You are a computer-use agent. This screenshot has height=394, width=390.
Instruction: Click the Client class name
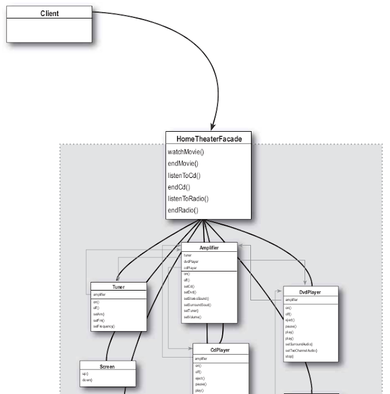pos(49,13)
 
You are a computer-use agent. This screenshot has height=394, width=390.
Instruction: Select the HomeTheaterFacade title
pos(209,139)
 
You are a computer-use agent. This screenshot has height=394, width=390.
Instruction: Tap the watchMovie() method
pos(185,152)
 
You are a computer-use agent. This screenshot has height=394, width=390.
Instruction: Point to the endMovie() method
pos(183,164)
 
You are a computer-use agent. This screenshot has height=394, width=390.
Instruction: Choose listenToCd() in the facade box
pos(184,175)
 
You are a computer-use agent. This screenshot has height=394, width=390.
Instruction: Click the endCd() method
pos(179,187)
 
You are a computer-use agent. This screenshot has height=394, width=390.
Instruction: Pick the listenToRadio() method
pos(188,198)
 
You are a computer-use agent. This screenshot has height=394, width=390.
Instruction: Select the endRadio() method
pos(183,211)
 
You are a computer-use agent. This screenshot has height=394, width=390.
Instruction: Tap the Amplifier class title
pos(209,246)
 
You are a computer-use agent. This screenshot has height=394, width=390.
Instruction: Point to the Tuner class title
pos(118,287)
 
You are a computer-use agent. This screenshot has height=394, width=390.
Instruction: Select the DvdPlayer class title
pos(311,291)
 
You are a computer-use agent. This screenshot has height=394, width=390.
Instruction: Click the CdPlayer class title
pos(220,349)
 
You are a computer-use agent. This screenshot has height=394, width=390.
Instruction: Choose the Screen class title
pos(108,366)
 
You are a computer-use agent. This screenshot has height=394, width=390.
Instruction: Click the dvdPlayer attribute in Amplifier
pos(190,262)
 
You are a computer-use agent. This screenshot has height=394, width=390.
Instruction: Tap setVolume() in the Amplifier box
pos(192,317)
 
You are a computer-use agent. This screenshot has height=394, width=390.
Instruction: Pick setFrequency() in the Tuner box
pos(104,326)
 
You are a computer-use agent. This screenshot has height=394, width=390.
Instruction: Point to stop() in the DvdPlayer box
pos(289,356)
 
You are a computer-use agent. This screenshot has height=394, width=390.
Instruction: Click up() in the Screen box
pos(86,374)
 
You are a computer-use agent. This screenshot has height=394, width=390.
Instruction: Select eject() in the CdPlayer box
pos(199,378)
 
